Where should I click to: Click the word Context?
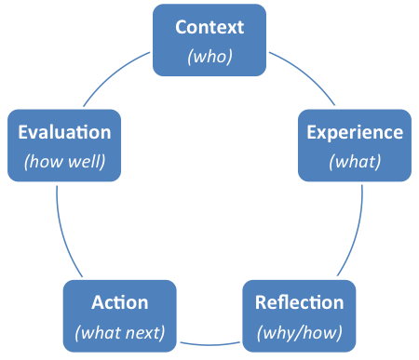(209, 28)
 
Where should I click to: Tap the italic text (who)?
(209, 56)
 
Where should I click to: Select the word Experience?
(355, 132)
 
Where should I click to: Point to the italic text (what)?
(355, 160)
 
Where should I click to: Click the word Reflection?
(299, 302)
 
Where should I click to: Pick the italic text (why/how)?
(299, 331)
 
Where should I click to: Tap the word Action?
(119, 302)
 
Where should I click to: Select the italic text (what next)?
(119, 331)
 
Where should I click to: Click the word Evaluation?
(64, 132)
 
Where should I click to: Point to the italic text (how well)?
(64, 160)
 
